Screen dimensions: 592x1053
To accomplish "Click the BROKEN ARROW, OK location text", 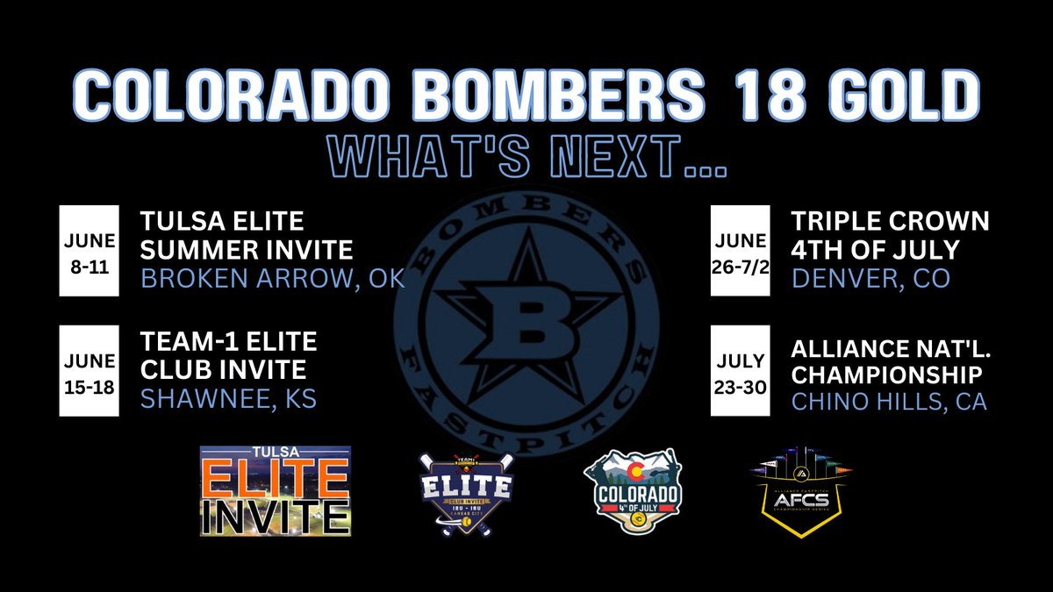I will [272, 278].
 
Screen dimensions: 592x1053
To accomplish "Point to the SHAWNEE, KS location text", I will [228, 399].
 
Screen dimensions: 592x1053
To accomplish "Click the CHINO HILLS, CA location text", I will [889, 401].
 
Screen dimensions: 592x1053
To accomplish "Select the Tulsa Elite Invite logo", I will [276, 490].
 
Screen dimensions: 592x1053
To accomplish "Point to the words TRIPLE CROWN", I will [891, 220].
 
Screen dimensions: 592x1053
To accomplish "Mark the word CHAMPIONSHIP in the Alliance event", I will [886, 373].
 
